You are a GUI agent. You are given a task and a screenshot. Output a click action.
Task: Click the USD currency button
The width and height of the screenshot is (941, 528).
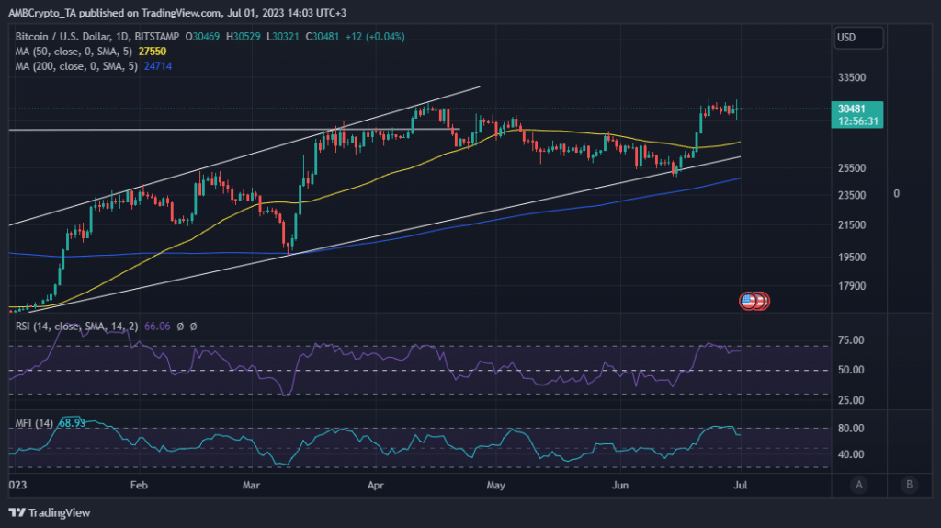coord(858,39)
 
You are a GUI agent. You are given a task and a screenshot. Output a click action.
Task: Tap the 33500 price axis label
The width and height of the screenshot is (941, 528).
coord(854,78)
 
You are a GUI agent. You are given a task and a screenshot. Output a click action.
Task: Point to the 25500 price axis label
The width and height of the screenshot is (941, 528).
coord(854,168)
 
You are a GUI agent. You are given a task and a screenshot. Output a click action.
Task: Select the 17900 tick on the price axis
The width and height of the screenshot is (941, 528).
coord(854,285)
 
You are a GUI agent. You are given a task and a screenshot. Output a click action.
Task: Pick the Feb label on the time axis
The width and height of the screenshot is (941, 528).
coord(139,484)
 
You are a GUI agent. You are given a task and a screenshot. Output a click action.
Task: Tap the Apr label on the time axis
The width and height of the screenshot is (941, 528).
coord(375,484)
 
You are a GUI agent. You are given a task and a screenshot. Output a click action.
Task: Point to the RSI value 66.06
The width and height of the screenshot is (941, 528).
coord(160,327)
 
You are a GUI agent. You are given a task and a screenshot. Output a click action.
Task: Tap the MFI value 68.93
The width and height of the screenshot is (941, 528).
coord(72,422)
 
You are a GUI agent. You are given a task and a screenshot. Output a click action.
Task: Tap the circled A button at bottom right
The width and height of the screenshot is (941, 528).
coord(858,485)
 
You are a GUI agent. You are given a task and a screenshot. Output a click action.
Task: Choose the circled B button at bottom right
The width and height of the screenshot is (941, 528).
coord(909,485)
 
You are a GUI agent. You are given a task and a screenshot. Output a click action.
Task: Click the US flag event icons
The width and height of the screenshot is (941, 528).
coord(754,301)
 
